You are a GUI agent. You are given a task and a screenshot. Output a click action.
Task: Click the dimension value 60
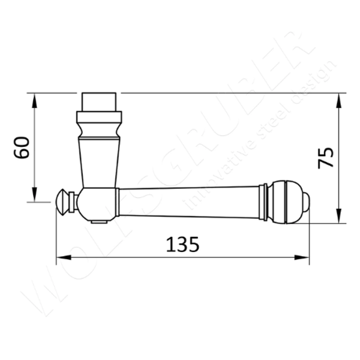point(22,148)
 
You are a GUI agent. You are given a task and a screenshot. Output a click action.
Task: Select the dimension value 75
point(325,158)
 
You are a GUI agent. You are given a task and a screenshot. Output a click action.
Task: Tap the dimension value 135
point(182,244)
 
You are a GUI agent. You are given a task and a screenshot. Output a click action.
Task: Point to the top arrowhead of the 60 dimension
point(34,98)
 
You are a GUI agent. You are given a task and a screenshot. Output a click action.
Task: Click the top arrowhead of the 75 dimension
point(339,98)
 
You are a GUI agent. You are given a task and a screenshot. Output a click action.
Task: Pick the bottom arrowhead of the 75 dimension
point(339,219)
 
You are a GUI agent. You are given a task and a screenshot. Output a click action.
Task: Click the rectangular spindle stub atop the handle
point(100,101)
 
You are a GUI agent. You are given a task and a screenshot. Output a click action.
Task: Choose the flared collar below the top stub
point(100,123)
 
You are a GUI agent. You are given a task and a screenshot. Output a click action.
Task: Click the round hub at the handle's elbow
point(97,203)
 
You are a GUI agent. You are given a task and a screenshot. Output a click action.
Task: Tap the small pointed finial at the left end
point(62,202)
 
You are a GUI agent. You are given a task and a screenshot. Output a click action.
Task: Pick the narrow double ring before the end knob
point(263,201)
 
